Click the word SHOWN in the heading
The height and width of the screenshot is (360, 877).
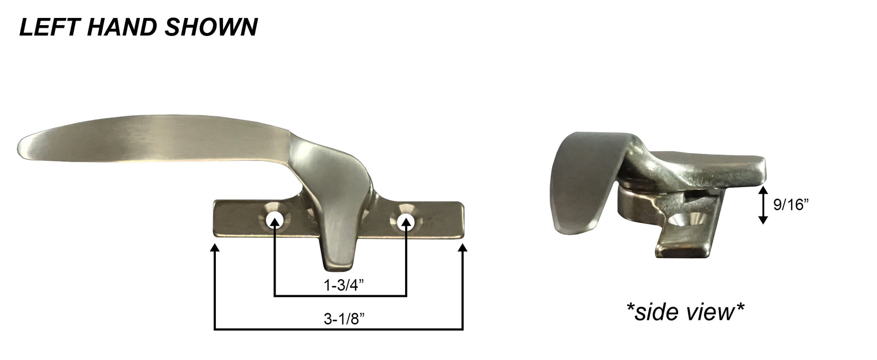[211, 27]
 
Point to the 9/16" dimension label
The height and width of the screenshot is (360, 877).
[791, 205]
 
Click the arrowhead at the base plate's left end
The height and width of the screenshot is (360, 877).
[214, 250]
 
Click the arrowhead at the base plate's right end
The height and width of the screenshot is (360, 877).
[463, 250]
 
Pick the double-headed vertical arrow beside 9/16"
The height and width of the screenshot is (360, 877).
[763, 205]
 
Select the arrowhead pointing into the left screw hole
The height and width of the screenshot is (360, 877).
[275, 225]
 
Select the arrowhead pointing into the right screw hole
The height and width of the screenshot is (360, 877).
[406, 225]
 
